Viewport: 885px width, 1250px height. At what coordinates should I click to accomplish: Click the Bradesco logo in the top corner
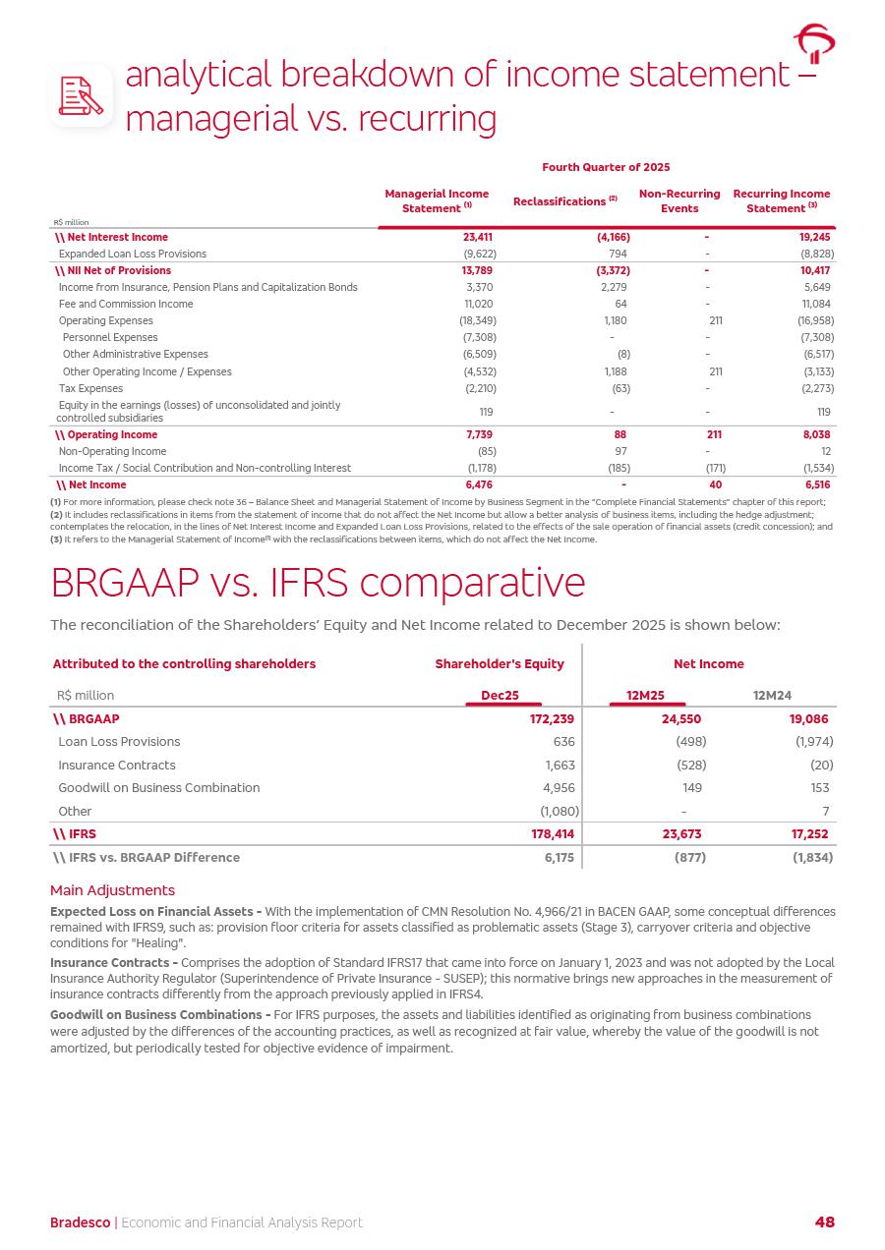click(814, 44)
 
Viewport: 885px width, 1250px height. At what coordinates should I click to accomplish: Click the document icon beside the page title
click(82, 95)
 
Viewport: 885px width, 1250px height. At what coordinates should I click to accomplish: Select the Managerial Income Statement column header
click(437, 200)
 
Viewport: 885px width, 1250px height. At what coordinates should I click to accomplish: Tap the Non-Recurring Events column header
click(679, 200)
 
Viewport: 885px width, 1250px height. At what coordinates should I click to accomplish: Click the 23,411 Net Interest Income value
click(477, 237)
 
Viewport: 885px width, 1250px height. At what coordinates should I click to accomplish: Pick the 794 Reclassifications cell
click(618, 254)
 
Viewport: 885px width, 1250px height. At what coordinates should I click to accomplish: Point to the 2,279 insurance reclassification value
click(614, 287)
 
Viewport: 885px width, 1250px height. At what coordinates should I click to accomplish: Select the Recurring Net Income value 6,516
click(817, 484)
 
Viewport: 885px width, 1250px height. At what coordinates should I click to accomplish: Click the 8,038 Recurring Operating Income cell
click(816, 434)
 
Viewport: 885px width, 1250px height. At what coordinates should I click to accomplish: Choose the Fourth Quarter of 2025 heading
click(606, 167)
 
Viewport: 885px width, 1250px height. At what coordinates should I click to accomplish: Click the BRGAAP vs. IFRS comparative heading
click(318, 583)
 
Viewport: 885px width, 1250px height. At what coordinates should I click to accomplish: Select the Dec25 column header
click(500, 695)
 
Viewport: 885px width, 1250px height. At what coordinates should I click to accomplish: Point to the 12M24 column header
click(772, 695)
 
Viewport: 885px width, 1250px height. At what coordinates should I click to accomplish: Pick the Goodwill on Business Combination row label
click(159, 787)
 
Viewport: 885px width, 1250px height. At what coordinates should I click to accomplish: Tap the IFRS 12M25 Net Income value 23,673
click(679, 834)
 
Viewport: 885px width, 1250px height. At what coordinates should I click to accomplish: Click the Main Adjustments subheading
click(112, 890)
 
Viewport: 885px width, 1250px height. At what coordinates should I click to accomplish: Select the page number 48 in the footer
click(824, 1222)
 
